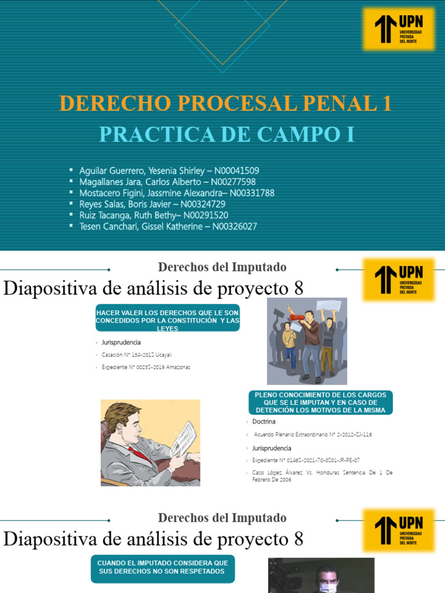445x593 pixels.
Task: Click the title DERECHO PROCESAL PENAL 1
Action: pyautogui.click(x=225, y=104)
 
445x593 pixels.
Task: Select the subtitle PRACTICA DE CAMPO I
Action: pyautogui.click(x=226, y=134)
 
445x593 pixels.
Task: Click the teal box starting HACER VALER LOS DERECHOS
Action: pyautogui.click(x=167, y=320)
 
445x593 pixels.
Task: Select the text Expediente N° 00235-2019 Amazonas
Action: pyautogui.click(x=145, y=367)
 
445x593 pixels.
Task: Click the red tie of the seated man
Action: pyautogui.click(x=138, y=453)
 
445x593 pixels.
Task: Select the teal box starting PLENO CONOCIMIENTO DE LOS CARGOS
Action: pyautogui.click(x=320, y=402)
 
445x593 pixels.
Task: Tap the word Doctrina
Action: pyautogui.click(x=264, y=422)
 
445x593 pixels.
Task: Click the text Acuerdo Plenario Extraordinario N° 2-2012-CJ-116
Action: pyautogui.click(x=312, y=434)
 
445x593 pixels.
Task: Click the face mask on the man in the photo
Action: pyautogui.click(x=327, y=587)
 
